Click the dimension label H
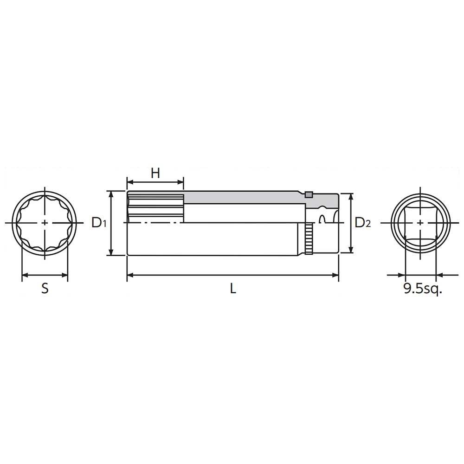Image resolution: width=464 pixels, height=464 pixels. (155, 173)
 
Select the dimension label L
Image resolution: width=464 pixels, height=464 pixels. (233, 289)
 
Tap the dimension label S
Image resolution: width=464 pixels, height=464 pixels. (45, 289)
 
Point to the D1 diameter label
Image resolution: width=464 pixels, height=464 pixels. (99, 223)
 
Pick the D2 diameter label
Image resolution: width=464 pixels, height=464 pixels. (362, 223)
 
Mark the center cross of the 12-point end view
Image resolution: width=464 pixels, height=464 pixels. (45, 223)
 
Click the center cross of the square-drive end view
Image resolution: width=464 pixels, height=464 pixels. (420, 223)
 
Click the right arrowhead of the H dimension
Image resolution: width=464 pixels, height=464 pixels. (181, 181)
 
